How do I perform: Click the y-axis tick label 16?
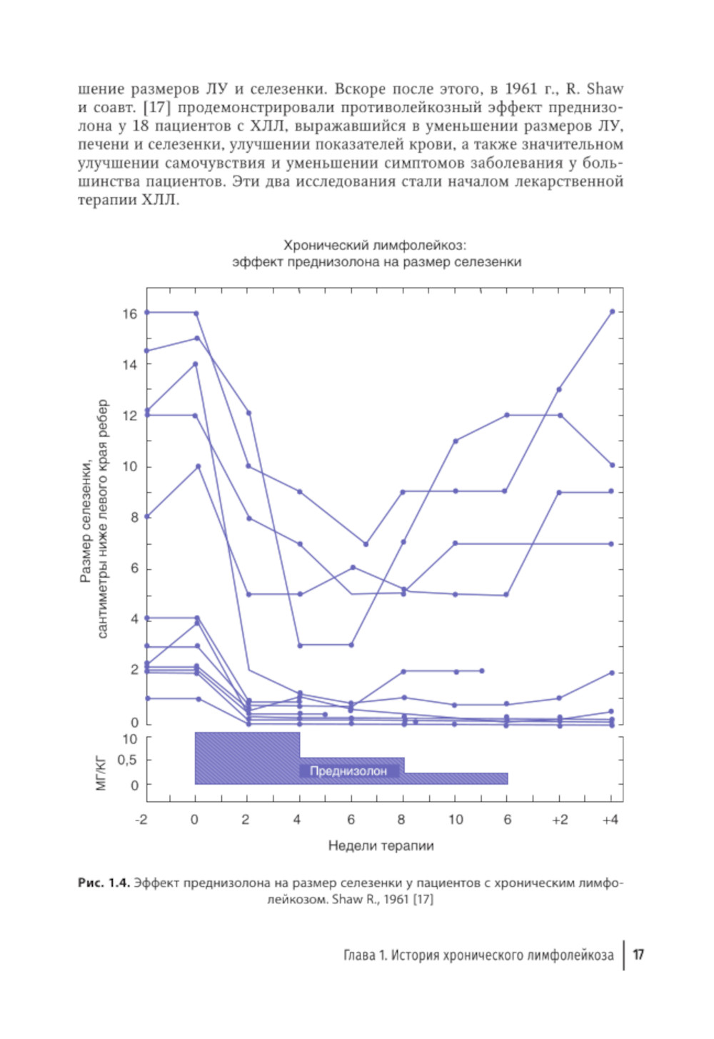tap(129, 313)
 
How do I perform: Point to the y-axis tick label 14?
tap(129, 365)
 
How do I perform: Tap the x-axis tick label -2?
tap(141, 819)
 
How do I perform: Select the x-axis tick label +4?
tap(610, 819)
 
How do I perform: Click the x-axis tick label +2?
tap(560, 819)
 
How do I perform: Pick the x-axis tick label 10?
tap(456, 819)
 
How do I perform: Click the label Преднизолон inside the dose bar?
tap(348, 771)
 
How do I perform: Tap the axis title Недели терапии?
tap(381, 845)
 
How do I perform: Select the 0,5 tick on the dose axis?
tap(127, 760)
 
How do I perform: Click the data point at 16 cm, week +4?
tap(612, 311)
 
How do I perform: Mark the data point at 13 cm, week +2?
tap(559, 389)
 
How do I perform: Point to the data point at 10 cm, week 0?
tap(198, 466)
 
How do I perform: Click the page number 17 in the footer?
tap(638, 955)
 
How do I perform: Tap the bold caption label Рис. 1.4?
tap(104, 883)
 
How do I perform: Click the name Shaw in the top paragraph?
tap(605, 89)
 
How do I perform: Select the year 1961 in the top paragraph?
tap(521, 89)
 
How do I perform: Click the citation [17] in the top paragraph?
tap(155, 108)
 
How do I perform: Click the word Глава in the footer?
tap(361, 955)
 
